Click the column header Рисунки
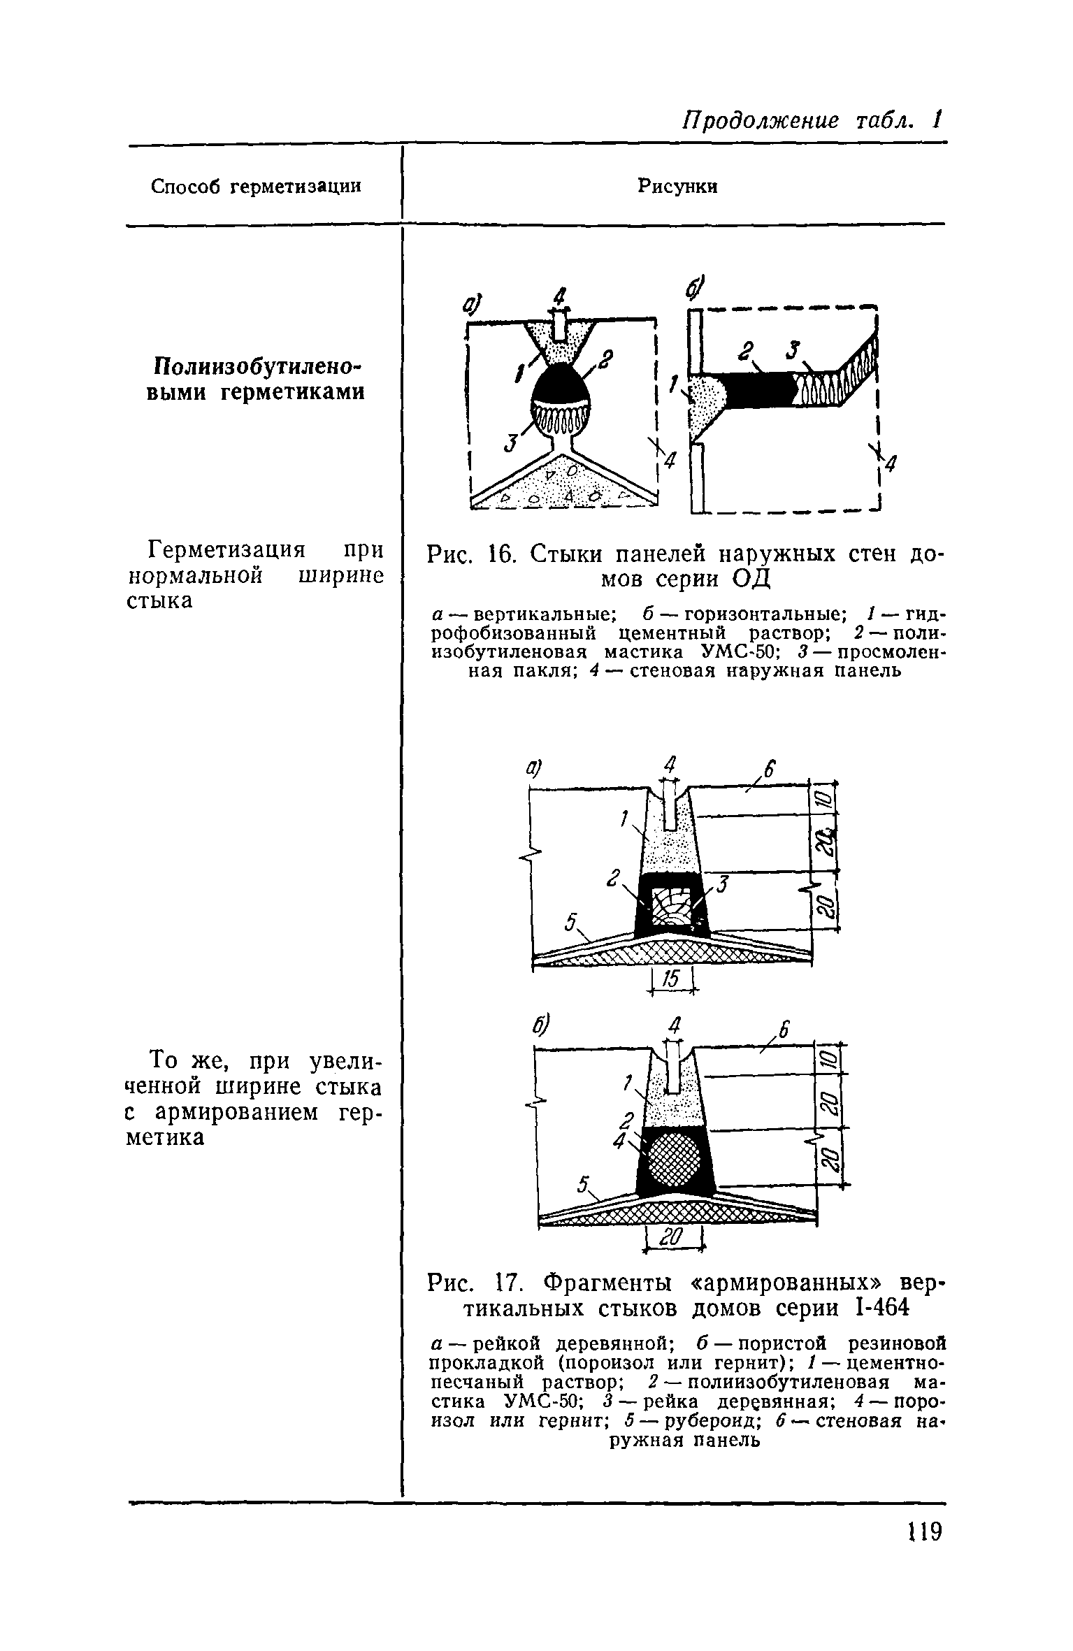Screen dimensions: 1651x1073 (x=677, y=186)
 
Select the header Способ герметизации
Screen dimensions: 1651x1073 (x=257, y=187)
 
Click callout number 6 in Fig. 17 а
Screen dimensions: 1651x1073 (x=769, y=768)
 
